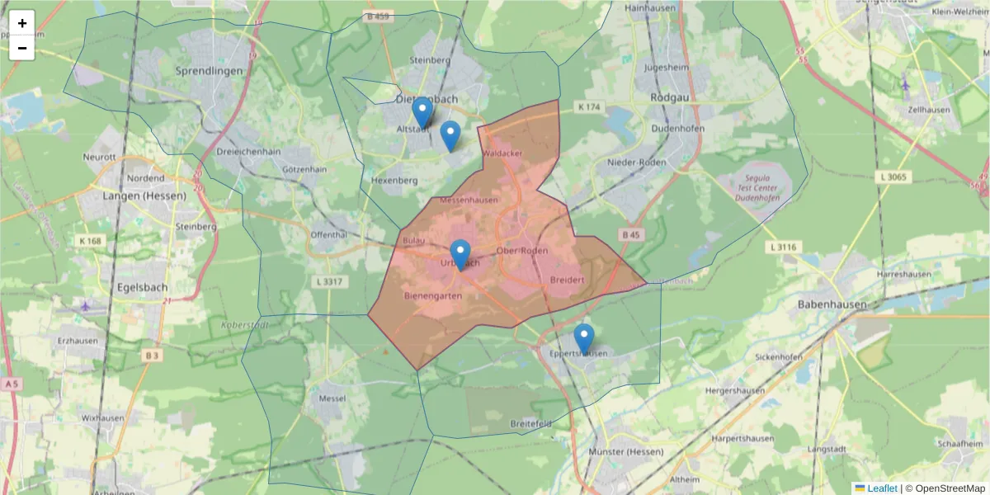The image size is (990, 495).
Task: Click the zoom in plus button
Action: tap(22, 23)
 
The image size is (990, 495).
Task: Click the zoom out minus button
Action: tap(22, 48)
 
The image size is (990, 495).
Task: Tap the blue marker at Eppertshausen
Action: tap(584, 339)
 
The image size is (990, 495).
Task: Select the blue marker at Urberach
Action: tap(460, 254)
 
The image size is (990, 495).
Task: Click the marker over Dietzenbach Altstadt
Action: tap(422, 112)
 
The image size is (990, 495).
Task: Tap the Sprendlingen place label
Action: tap(210, 71)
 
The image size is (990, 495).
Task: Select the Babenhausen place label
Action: tap(832, 304)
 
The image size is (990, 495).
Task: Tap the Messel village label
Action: tap(332, 398)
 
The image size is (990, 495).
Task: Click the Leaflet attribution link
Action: tap(881, 488)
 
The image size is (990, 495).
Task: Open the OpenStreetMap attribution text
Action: tap(950, 488)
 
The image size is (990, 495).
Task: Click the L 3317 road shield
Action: tap(328, 281)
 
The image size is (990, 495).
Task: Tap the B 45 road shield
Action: tap(631, 235)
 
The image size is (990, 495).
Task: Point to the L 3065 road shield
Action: tap(894, 177)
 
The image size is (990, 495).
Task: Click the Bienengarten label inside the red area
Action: tap(434, 295)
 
